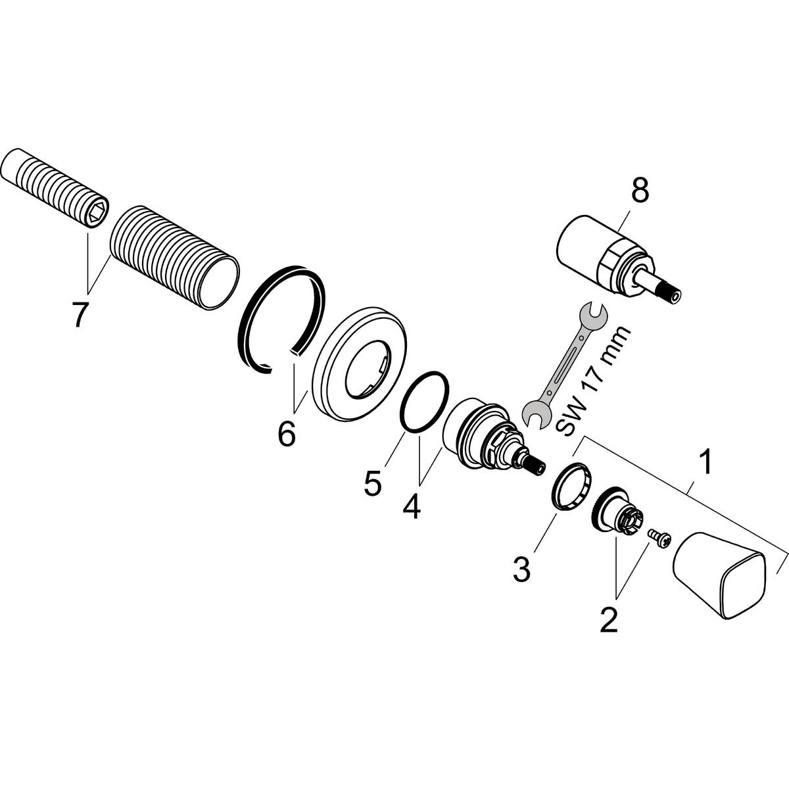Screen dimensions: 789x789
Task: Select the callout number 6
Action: coord(286,433)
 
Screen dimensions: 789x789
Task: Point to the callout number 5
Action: coord(371,483)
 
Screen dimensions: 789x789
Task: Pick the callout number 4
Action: coord(411,506)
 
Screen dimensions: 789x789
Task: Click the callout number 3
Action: coord(521,569)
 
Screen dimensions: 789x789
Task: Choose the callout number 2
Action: coord(608,619)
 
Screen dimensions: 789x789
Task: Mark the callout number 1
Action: coord(704,464)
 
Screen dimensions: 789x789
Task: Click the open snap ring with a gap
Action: coord(280,319)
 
